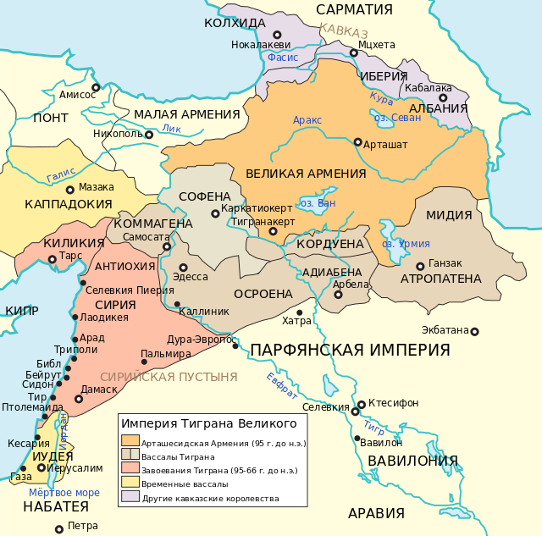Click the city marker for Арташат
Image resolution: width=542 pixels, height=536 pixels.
[357, 142]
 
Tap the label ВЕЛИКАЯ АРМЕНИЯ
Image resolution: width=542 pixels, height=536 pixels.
[306, 174]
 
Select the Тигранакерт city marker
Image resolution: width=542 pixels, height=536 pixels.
[273, 231]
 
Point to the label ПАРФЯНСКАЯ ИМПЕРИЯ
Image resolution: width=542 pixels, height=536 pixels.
[349, 350]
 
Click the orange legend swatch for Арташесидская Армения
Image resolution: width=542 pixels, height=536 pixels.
[130, 440]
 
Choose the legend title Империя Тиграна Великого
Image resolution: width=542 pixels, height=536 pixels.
[208, 423]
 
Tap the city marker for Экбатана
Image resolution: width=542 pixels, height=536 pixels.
[474, 331]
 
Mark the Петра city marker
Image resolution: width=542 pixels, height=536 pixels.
[58, 529]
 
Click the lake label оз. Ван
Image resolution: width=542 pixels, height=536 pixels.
[318, 203]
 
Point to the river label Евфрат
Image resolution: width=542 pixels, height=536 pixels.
[281, 385]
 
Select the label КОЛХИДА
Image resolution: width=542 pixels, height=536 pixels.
[236, 23]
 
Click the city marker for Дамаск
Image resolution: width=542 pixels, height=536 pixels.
[79, 399]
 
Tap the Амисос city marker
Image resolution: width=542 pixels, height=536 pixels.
[96, 86]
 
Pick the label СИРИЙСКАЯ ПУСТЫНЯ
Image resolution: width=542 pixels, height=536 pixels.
[169, 377]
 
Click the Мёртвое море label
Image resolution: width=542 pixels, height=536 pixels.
[64, 492]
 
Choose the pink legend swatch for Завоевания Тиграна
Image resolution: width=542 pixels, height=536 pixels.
[130, 468]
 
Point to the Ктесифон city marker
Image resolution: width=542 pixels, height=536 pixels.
[362, 404]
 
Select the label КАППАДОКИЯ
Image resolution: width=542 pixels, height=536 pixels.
[69, 204]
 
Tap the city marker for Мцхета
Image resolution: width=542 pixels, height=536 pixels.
[354, 52]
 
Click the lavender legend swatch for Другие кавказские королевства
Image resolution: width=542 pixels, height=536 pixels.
[130, 497]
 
